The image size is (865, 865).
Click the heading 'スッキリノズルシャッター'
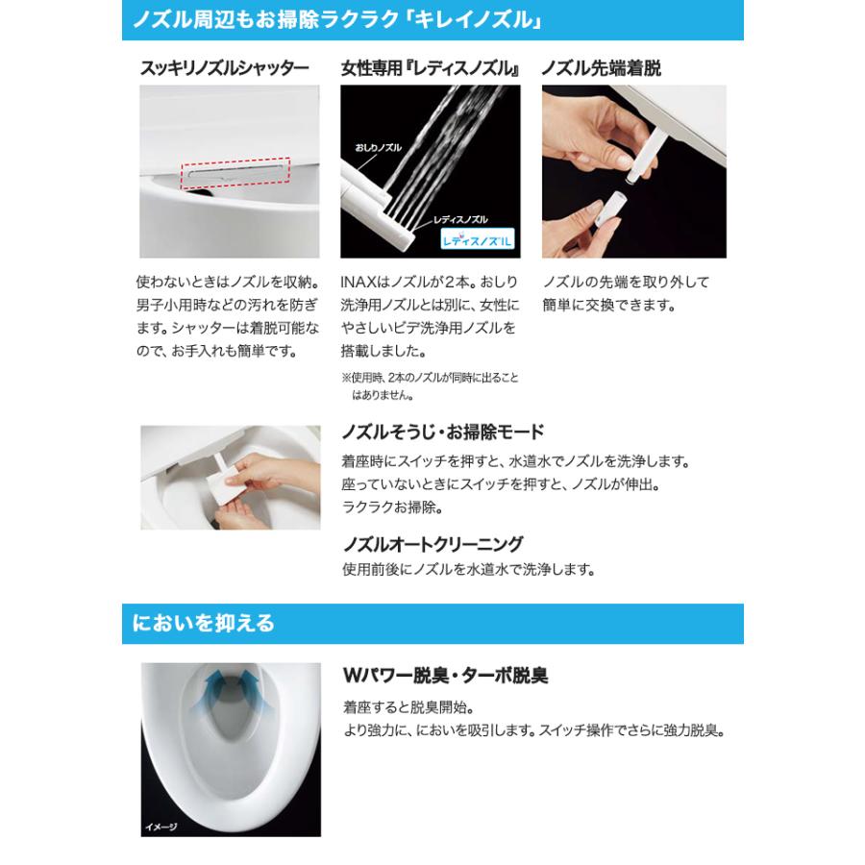click(x=225, y=68)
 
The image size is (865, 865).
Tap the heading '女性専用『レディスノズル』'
click(x=431, y=68)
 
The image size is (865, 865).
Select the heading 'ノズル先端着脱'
click(x=601, y=68)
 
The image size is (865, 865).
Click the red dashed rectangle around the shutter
click(x=235, y=171)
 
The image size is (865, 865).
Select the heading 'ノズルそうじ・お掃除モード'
click(x=443, y=431)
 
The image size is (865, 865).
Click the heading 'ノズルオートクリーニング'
click(x=432, y=543)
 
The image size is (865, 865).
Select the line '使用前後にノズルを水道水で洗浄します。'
click(x=468, y=569)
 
